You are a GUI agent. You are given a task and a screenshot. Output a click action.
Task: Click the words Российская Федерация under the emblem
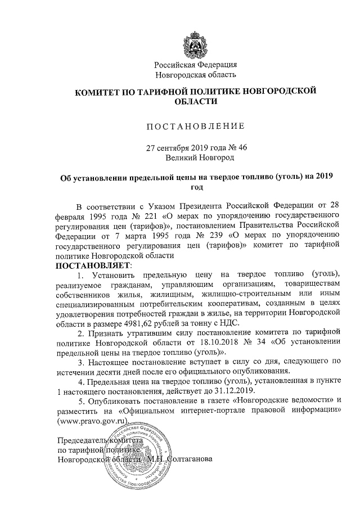(196, 65)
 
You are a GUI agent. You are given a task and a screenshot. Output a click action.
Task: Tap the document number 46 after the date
(243, 148)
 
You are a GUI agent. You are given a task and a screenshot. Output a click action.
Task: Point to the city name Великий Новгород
(196, 157)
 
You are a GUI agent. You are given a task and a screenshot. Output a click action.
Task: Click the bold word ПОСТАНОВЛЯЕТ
(92, 264)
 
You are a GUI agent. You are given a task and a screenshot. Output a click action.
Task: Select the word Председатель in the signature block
(84, 440)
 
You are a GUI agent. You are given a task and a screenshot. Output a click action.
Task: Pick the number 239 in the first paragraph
(184, 235)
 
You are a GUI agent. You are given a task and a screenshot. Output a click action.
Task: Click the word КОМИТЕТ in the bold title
(96, 91)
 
